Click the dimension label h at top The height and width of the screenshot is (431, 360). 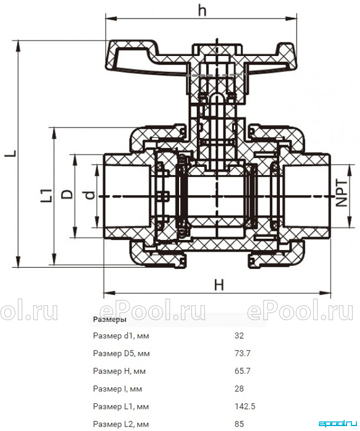[x=202, y=10]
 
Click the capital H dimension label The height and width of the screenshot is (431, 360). [x=219, y=284]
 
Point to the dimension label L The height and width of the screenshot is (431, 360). [x=12, y=153]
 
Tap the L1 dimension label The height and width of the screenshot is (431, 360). [x=46, y=195]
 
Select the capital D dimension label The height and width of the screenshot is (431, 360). [x=67, y=194]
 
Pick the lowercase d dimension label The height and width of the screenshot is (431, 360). [x=89, y=195]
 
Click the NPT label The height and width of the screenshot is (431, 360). [x=342, y=193]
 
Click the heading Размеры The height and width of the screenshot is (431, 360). [x=110, y=320]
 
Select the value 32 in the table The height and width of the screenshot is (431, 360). [x=239, y=336]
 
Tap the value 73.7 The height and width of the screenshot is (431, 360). [x=242, y=353]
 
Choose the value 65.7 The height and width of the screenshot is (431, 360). [x=242, y=371]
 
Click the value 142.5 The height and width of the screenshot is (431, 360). [x=245, y=406]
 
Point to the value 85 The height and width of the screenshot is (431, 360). [x=239, y=424]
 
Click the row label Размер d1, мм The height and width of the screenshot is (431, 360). [x=121, y=336]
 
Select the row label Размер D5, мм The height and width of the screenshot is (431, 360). [x=121, y=353]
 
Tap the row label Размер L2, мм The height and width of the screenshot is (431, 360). [x=121, y=424]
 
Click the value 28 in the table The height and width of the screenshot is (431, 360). [x=239, y=389]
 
